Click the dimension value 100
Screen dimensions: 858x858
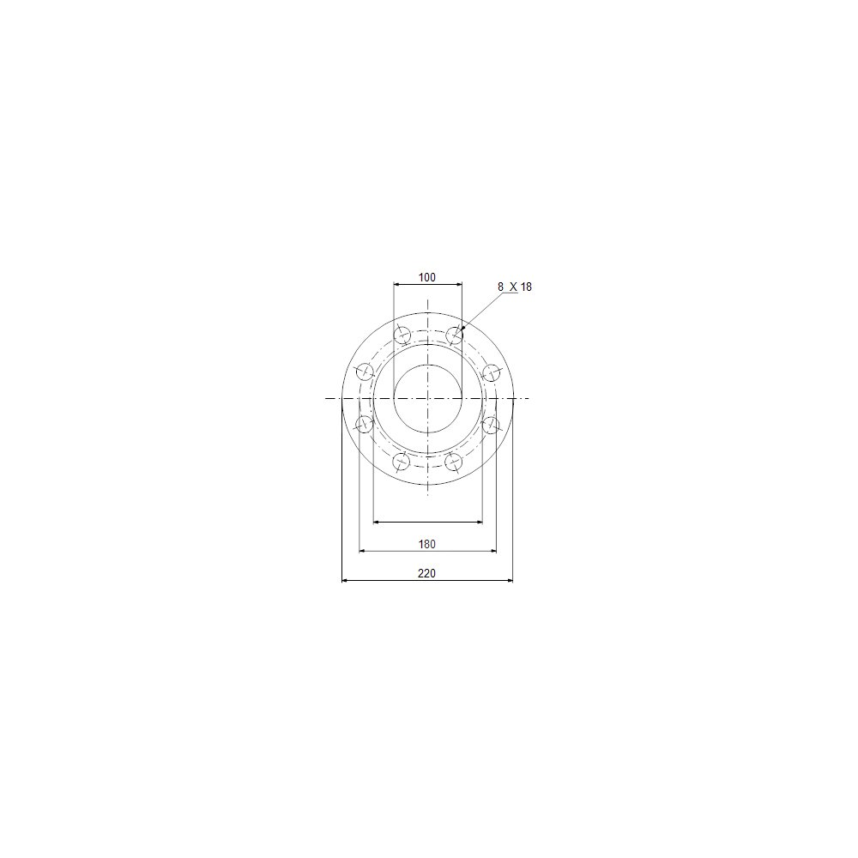pos(426,277)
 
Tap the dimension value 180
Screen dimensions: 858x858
pos(426,544)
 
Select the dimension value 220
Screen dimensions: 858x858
pos(426,573)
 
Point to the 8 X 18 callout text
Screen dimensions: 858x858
pos(514,287)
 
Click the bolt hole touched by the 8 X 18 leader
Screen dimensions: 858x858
pos(455,335)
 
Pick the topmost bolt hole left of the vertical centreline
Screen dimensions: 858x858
pos(402,334)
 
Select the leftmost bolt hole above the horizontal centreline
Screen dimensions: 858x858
pos(365,372)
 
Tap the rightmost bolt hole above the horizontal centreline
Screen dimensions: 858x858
pos(492,372)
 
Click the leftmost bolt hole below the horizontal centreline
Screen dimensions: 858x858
pos(365,424)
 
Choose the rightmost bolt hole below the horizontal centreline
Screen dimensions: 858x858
pos(492,425)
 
